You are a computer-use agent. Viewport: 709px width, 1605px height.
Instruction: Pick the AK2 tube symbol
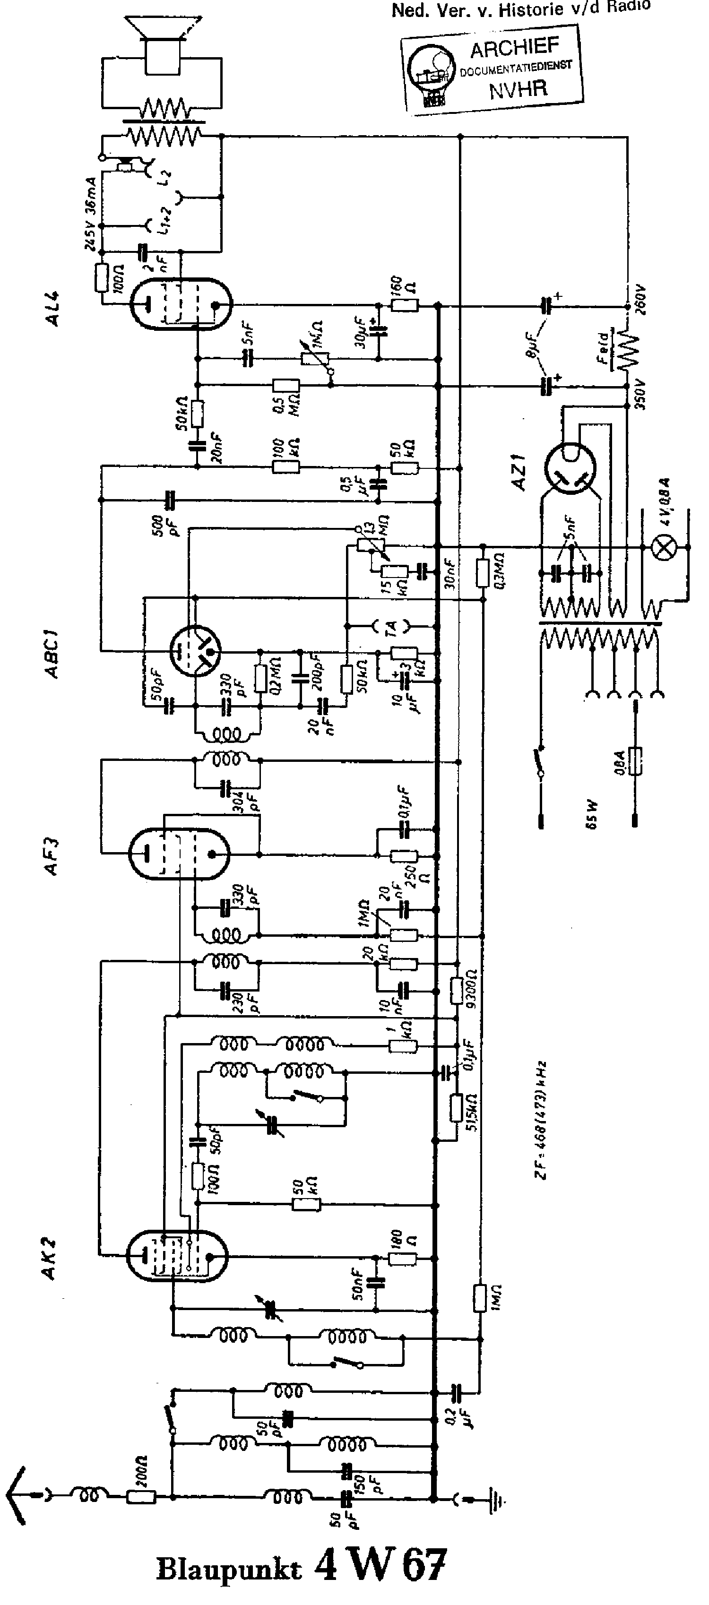(176, 1256)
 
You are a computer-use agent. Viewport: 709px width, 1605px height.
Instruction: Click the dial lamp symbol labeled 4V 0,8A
(664, 548)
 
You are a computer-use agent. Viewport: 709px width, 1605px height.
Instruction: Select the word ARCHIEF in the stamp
(515, 47)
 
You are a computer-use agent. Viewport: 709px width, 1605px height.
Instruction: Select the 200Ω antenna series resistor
(141, 1497)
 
